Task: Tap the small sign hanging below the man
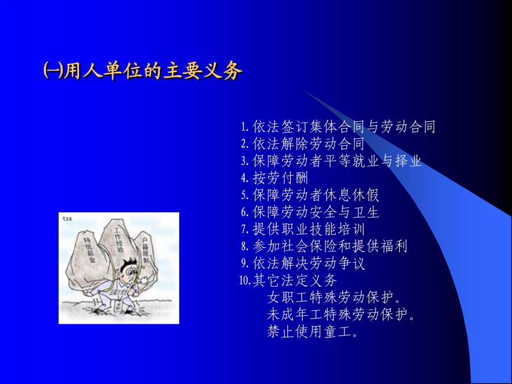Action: (x=118, y=305)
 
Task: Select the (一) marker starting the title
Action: (x=53, y=71)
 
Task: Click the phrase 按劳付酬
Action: (x=280, y=178)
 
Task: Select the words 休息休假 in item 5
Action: (x=352, y=195)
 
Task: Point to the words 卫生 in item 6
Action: (x=366, y=212)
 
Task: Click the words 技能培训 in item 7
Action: (x=337, y=229)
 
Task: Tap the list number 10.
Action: (x=246, y=280)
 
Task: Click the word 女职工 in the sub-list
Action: (x=288, y=297)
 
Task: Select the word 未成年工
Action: (x=295, y=314)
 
